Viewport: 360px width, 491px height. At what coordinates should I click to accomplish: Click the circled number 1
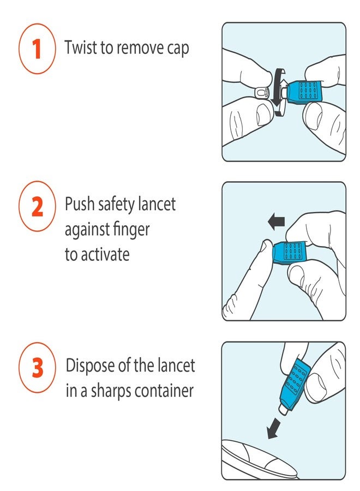pyautogui.click(x=37, y=49)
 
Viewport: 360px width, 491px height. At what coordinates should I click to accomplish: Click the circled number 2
pyautogui.click(x=37, y=208)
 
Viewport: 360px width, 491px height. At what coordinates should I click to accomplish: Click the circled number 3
pyautogui.click(x=37, y=368)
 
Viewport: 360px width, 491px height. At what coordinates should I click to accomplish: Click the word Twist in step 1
pyautogui.click(x=80, y=47)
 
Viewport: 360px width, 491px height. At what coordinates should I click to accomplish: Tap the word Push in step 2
pyautogui.click(x=80, y=205)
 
